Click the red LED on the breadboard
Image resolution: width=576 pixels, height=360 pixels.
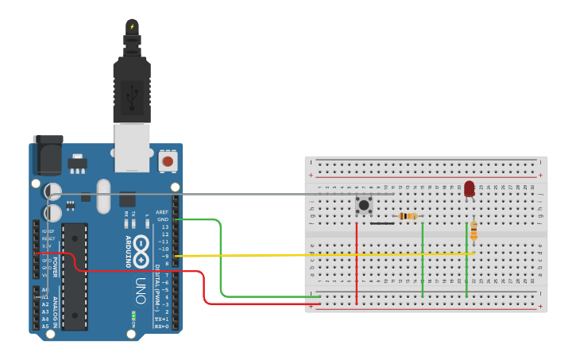click(469, 188)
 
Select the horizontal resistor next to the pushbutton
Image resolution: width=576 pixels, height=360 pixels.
click(408, 216)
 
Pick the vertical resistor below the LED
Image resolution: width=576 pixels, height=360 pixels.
click(474, 230)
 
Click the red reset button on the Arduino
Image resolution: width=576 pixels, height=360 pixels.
click(167, 161)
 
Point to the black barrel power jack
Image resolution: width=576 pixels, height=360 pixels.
click(47, 156)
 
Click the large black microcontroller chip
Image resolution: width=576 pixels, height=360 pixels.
click(75, 275)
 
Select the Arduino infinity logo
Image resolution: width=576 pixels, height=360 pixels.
click(141, 251)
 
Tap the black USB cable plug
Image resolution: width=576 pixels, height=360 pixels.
click(131, 87)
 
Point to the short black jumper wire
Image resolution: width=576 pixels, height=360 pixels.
click(381, 223)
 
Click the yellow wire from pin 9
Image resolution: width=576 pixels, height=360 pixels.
click(318, 255)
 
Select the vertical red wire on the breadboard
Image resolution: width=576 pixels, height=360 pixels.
click(357, 262)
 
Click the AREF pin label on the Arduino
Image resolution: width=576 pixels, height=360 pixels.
click(162, 212)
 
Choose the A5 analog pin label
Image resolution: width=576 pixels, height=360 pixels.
click(45, 326)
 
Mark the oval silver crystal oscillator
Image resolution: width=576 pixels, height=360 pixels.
click(103, 196)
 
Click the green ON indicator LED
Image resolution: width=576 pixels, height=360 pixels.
click(133, 317)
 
